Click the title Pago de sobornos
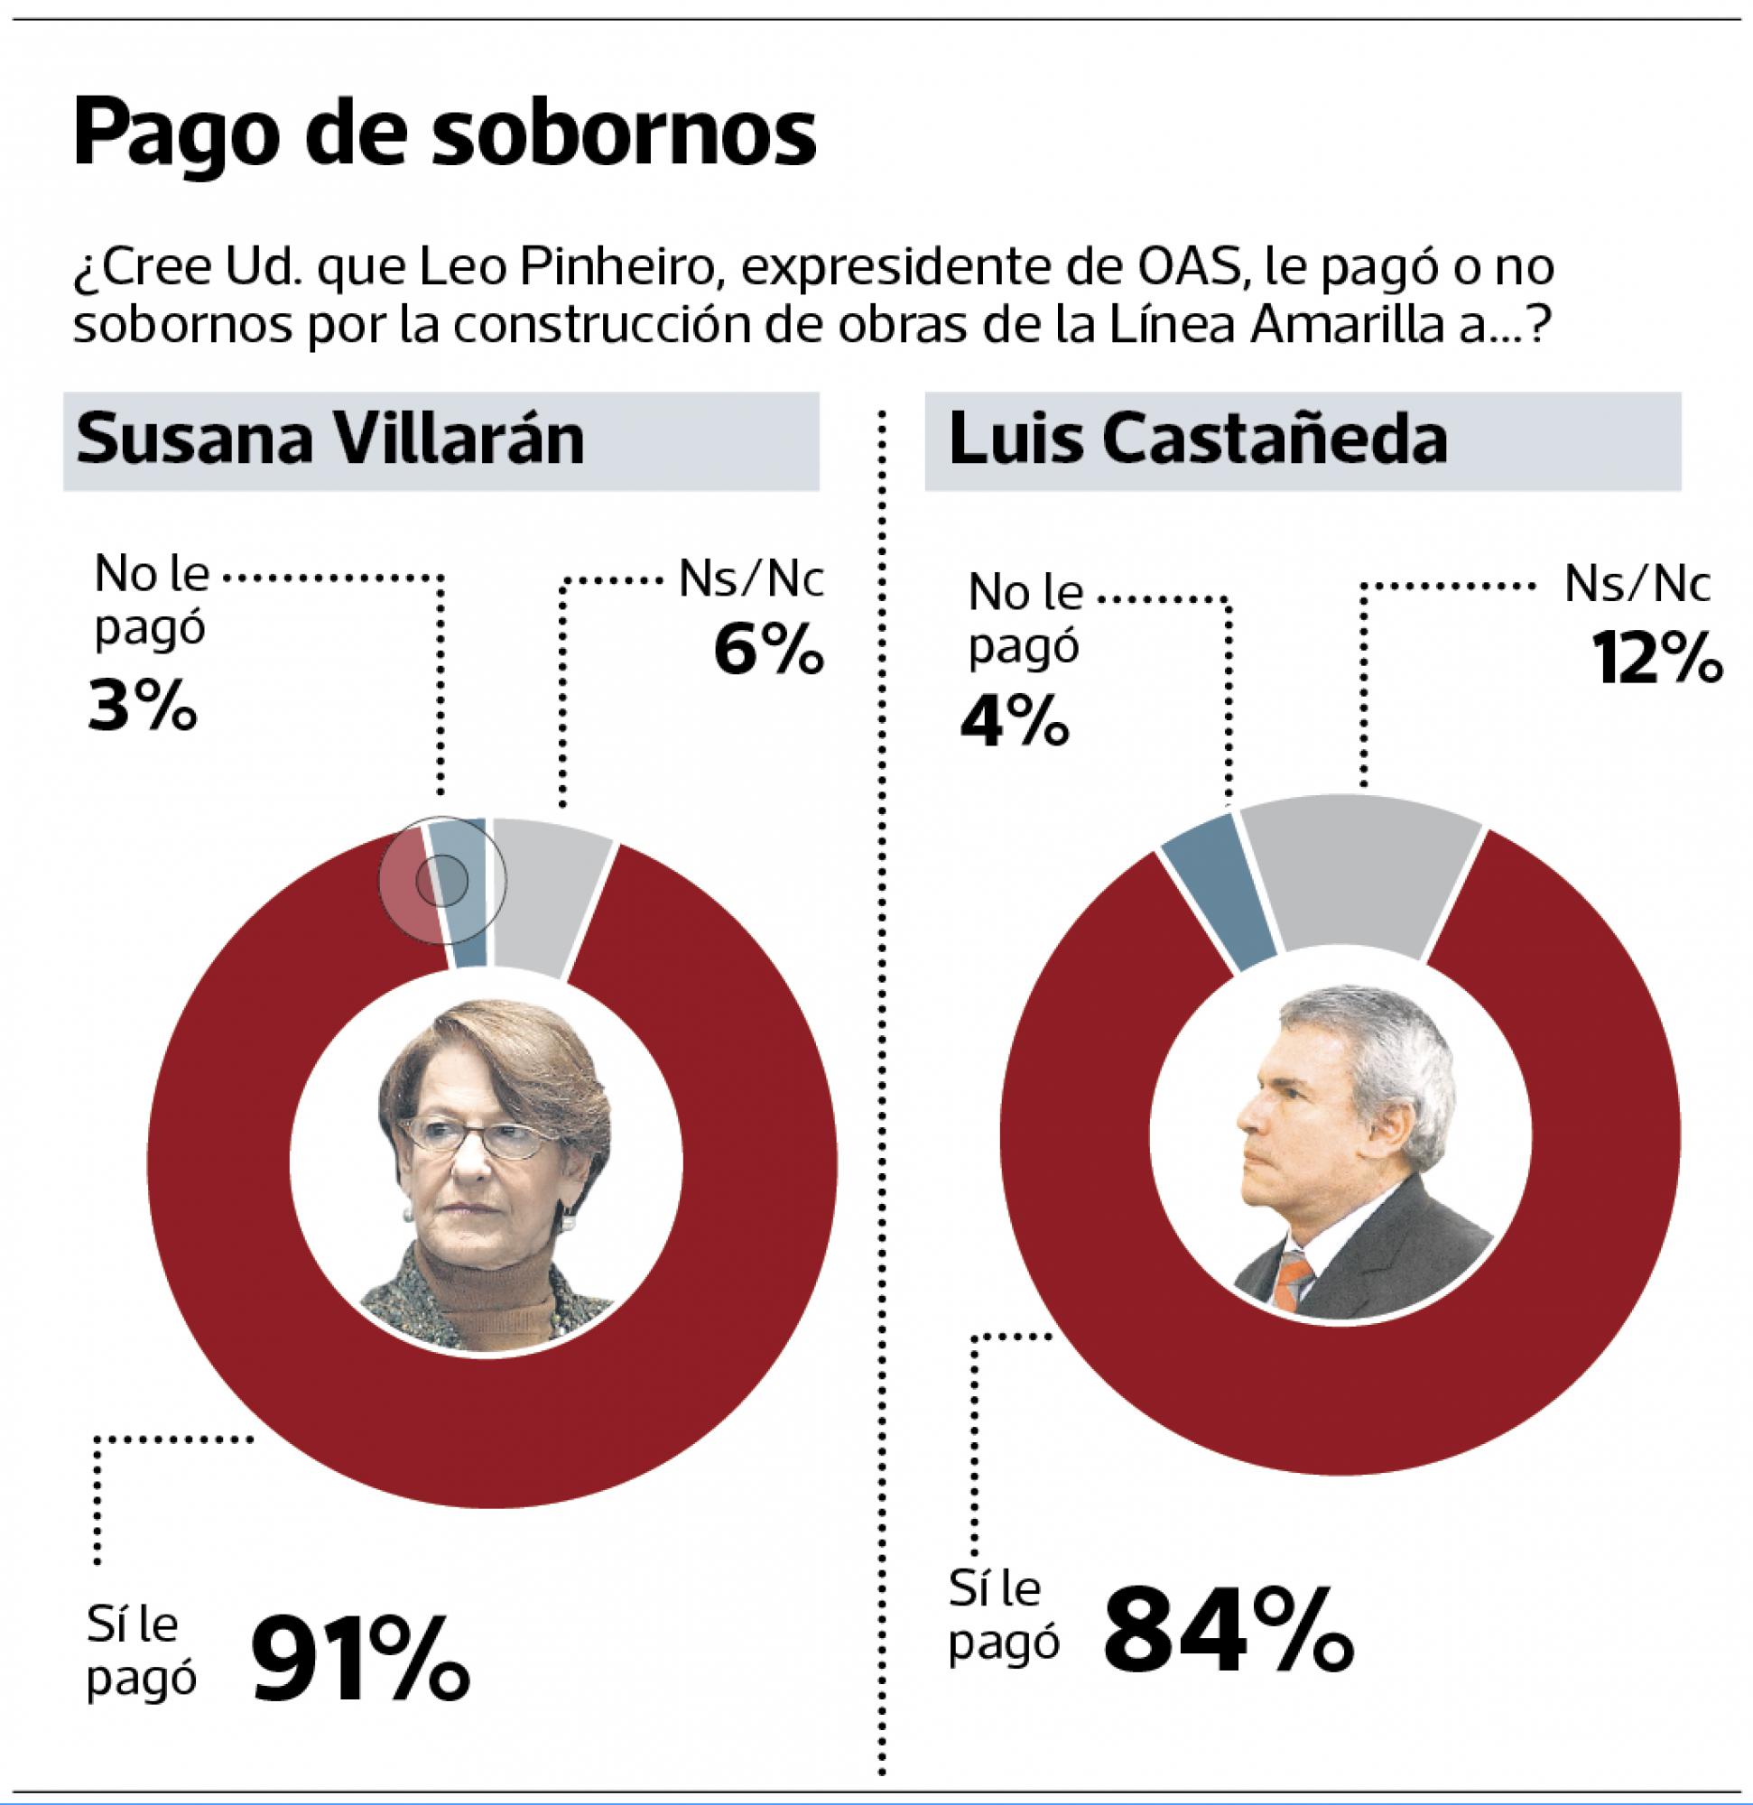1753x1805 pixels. [x=444, y=134]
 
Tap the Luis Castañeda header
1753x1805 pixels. [x=1198, y=440]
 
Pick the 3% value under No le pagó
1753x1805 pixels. [x=143, y=706]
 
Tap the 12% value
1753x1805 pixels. [x=1656, y=658]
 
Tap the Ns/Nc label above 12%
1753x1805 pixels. [x=1637, y=586]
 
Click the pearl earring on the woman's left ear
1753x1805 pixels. [x=569, y=1223]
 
